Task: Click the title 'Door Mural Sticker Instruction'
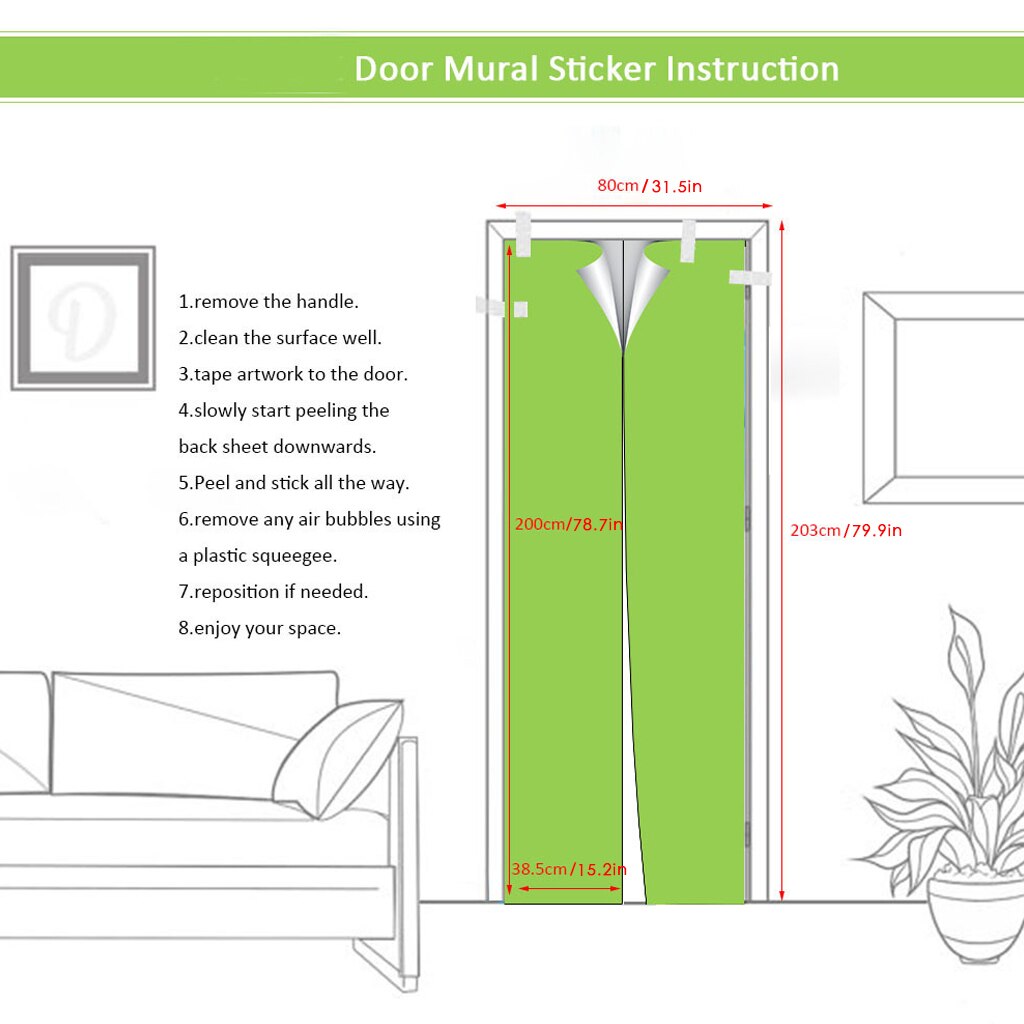[596, 69]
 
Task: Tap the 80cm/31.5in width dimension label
[649, 186]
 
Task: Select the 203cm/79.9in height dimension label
[845, 530]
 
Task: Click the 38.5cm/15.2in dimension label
[568, 869]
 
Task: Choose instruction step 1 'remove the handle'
[268, 301]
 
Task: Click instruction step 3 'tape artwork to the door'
[293, 374]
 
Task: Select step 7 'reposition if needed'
[273, 591]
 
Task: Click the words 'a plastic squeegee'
[258, 555]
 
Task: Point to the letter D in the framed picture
[82, 318]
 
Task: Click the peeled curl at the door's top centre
[623, 290]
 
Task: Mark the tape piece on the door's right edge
[749, 277]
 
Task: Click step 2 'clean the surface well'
[280, 338]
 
